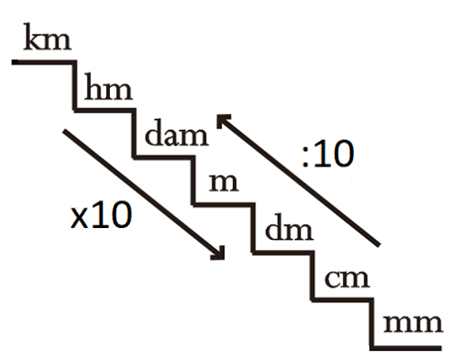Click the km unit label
[x=47, y=37]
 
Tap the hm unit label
[x=108, y=86]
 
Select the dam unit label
[x=177, y=132]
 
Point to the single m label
[x=223, y=183]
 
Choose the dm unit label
[x=289, y=227]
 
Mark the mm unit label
[x=413, y=324]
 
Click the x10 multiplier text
[x=101, y=215]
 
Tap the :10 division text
[x=328, y=153]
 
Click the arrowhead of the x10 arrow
[x=218, y=254]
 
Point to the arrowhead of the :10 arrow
[x=223, y=120]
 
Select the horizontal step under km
[x=43, y=62]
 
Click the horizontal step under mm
[x=406, y=348]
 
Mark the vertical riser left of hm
[x=75, y=86]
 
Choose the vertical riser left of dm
[x=253, y=228]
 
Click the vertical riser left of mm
[x=372, y=324]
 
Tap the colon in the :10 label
[x=305, y=156]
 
